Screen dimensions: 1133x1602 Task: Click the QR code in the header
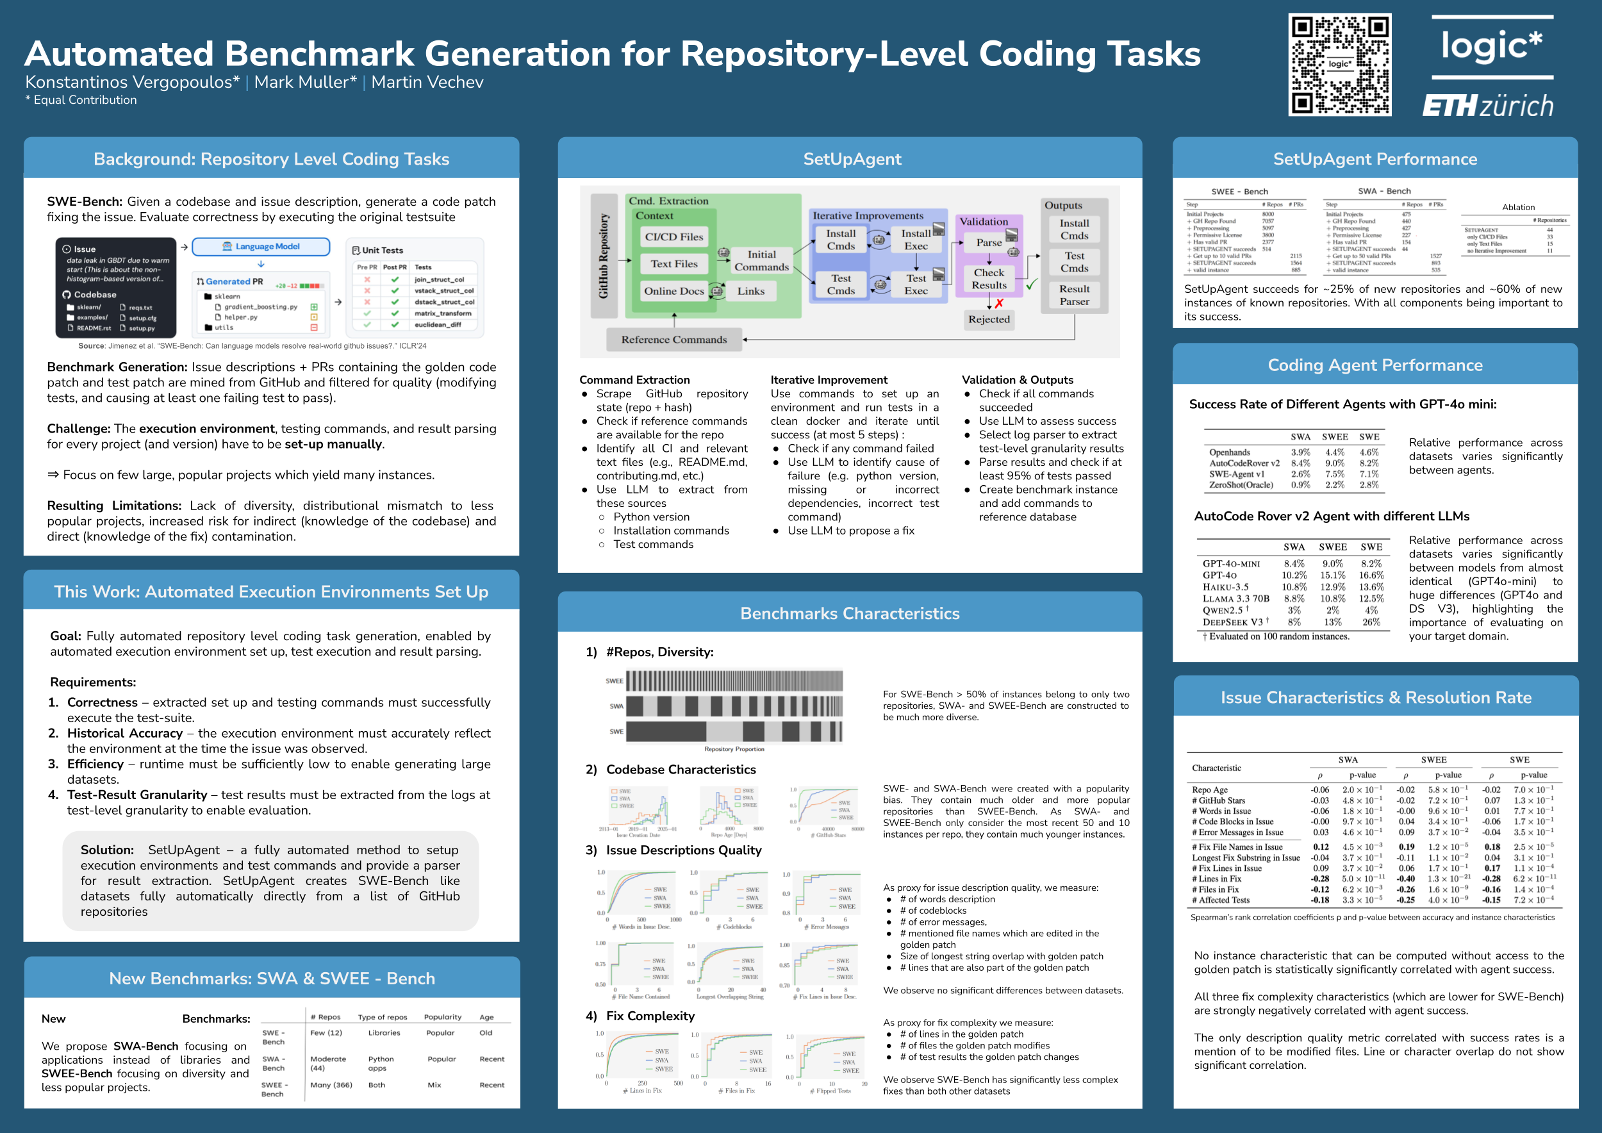point(1339,65)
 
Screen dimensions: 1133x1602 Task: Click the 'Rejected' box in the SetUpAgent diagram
point(989,320)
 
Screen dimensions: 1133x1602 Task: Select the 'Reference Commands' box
point(674,340)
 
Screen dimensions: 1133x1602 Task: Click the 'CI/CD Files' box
point(673,237)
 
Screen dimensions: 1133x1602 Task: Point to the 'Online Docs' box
point(673,291)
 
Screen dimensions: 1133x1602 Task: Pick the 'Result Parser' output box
point(1074,295)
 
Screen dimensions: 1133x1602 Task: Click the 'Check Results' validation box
point(989,279)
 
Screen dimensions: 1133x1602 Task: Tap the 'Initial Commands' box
point(761,261)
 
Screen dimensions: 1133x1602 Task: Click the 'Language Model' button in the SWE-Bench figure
point(261,247)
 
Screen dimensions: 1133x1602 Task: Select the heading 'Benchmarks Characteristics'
point(849,613)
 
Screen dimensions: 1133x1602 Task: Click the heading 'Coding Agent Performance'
point(1375,365)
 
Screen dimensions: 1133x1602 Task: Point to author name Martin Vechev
point(427,82)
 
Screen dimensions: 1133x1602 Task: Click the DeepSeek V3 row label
point(1232,622)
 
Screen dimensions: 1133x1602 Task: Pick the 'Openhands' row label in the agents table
point(1230,452)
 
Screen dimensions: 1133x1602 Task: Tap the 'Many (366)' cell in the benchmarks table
point(331,1085)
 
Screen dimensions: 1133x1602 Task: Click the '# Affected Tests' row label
point(1220,900)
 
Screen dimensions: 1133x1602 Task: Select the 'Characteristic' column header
point(1216,768)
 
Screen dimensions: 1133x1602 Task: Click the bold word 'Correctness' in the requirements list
point(103,702)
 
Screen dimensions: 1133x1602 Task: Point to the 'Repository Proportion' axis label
point(734,749)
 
